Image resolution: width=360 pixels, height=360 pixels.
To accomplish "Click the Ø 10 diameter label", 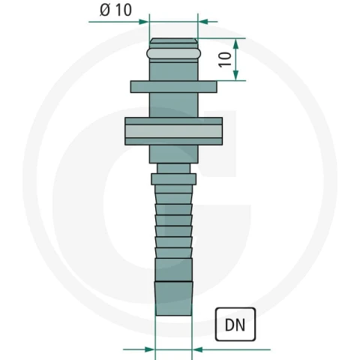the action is (x=115, y=10).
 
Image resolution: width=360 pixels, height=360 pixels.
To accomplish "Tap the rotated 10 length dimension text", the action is (x=225, y=59).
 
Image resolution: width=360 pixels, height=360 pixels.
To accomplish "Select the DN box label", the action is (x=235, y=325).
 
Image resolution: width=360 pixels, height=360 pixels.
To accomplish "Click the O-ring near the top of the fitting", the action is (x=174, y=54).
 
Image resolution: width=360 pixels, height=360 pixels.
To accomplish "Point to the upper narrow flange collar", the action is (x=174, y=87).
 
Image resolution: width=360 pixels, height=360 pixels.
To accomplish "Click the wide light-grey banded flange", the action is (x=174, y=131).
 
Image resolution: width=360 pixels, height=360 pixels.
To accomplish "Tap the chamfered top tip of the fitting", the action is (x=174, y=40).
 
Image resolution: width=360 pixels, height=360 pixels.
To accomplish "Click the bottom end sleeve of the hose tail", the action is (x=174, y=298).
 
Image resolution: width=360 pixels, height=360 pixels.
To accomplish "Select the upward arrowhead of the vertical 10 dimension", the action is (x=235, y=43).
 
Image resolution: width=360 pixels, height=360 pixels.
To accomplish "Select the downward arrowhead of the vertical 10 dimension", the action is (x=235, y=75).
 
